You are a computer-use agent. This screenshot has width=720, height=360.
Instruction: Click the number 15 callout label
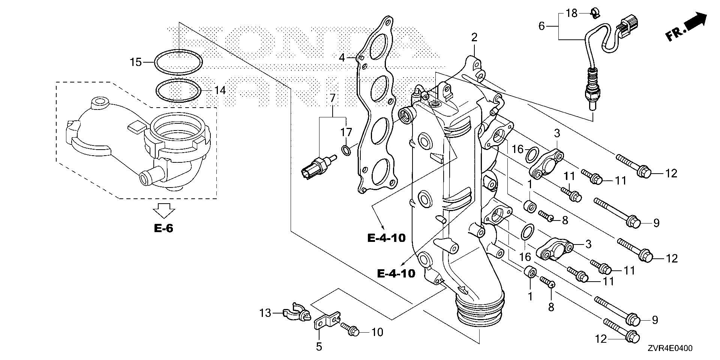click(x=136, y=62)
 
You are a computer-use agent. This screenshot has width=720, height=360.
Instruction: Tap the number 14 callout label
click(x=220, y=90)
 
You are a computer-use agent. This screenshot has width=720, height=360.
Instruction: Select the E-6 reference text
click(x=163, y=228)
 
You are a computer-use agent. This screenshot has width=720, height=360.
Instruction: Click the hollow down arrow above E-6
click(x=164, y=211)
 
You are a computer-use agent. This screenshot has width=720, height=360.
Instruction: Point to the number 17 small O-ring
click(x=346, y=151)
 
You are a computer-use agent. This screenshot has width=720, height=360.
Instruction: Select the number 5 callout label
click(x=319, y=347)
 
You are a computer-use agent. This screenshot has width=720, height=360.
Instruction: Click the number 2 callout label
click(x=474, y=37)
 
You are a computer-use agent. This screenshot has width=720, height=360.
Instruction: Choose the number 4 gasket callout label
click(x=342, y=58)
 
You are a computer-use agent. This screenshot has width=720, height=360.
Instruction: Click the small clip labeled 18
click(x=593, y=14)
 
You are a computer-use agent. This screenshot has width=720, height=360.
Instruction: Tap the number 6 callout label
click(x=541, y=26)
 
